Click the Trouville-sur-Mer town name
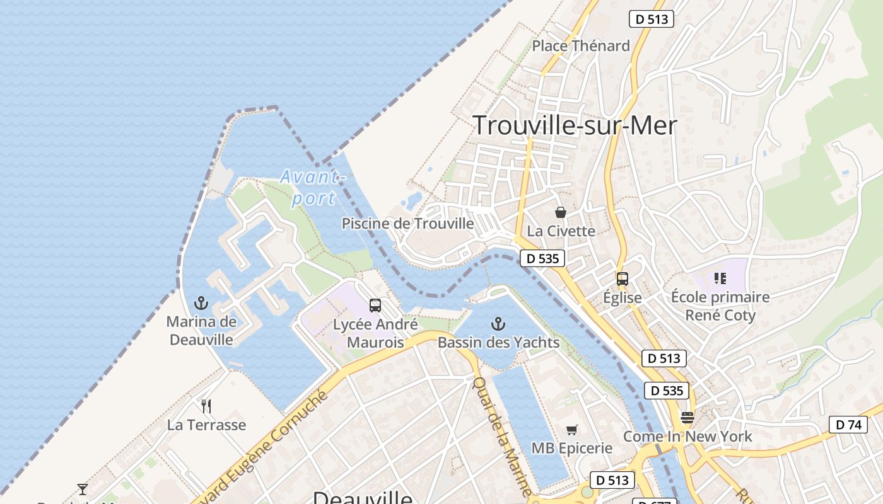click(x=575, y=126)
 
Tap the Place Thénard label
click(x=581, y=46)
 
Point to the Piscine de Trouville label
click(x=407, y=224)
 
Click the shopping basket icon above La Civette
click(x=561, y=213)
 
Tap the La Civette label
click(x=561, y=231)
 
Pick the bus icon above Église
click(x=623, y=279)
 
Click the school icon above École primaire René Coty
click(x=720, y=278)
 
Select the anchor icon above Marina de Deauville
click(x=201, y=303)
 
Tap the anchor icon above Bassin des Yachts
click(x=498, y=324)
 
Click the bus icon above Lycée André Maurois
click(x=375, y=306)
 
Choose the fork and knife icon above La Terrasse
click(x=206, y=406)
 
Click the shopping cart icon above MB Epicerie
click(x=571, y=430)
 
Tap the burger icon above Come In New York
click(x=687, y=418)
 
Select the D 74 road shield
click(x=848, y=425)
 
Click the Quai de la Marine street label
click(x=503, y=436)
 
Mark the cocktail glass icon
click(x=83, y=489)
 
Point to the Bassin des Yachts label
click(x=498, y=343)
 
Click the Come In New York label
click(x=687, y=437)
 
